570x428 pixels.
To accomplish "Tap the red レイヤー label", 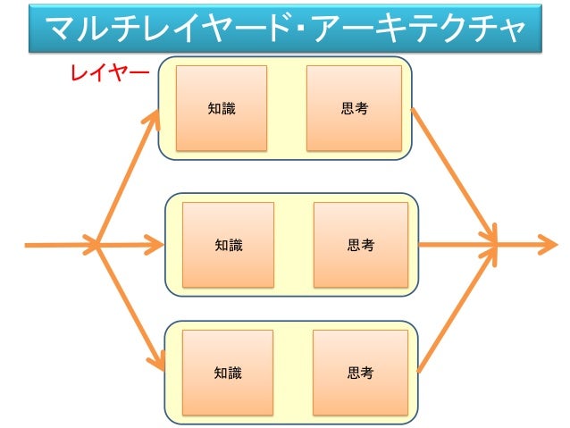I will (x=110, y=73).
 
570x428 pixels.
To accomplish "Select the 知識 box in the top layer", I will (x=222, y=108).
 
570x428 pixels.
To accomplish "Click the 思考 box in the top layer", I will (x=354, y=108).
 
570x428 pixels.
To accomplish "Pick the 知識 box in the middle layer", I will (x=228, y=244).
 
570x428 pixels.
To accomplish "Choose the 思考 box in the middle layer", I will (x=360, y=244).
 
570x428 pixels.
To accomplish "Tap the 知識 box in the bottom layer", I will (x=228, y=373).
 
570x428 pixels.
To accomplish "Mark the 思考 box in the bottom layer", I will (x=360, y=373).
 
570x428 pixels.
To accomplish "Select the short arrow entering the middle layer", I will (x=134, y=244).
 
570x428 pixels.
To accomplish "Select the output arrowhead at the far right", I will (x=547, y=243).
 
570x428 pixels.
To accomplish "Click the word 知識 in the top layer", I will (x=222, y=108).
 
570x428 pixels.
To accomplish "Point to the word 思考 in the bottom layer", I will (x=360, y=373).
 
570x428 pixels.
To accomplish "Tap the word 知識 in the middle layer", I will (x=228, y=244).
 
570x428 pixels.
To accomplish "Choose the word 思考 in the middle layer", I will (x=360, y=244).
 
